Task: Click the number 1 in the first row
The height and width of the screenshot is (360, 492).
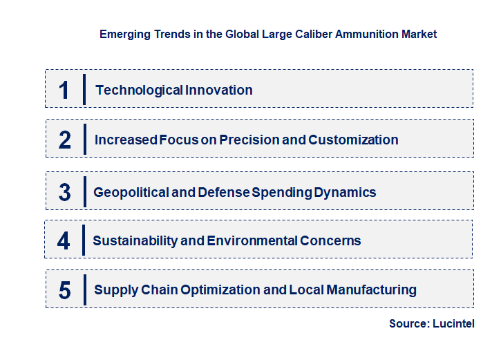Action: tap(64, 90)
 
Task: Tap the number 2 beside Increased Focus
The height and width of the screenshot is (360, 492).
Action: tap(65, 140)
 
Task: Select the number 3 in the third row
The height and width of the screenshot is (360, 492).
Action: tap(64, 192)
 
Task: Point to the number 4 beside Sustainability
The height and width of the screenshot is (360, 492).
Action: tap(64, 241)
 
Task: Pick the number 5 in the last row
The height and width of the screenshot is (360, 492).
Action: tap(64, 290)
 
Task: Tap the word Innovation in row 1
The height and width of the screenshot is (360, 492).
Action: tap(219, 90)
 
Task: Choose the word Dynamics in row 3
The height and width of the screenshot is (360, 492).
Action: tap(345, 192)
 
